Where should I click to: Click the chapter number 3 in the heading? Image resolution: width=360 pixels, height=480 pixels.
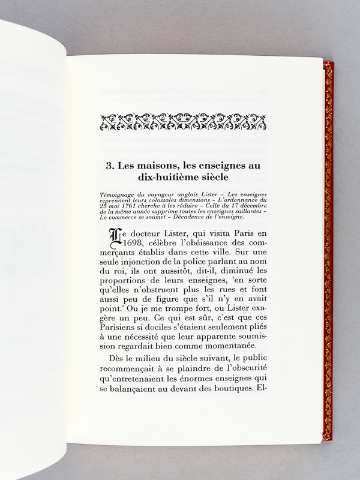point(109,167)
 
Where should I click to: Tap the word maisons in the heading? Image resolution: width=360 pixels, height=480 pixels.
point(155,167)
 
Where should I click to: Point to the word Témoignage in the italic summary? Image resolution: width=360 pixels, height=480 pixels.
point(121,195)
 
